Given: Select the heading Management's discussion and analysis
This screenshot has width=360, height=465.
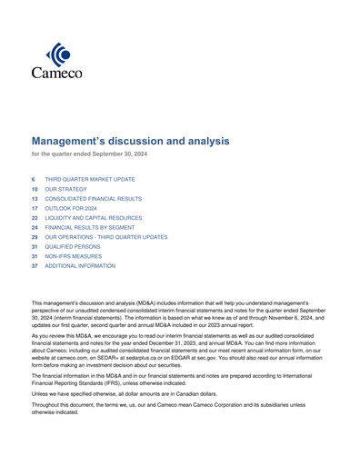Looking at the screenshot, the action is (x=131, y=142).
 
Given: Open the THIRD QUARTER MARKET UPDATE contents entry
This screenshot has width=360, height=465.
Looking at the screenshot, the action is (x=89, y=180).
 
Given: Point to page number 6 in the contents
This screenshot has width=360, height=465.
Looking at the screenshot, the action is (x=34, y=180).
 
